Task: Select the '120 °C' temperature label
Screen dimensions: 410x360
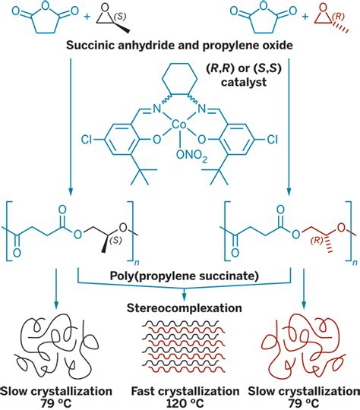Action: tap(180, 401)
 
